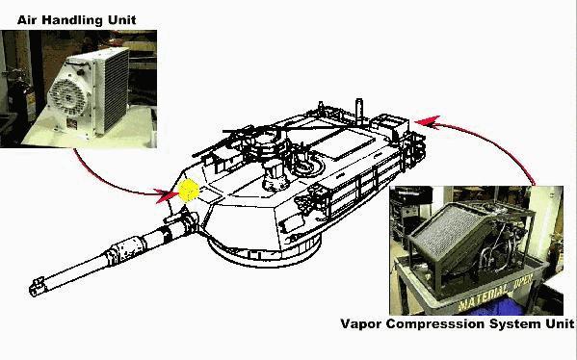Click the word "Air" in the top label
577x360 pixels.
[x=28, y=20]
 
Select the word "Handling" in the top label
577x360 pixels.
[x=72, y=20]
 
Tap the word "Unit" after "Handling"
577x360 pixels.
[x=121, y=20]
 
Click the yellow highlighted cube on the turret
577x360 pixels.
[x=189, y=191]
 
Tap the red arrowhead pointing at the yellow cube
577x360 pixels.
[x=166, y=195]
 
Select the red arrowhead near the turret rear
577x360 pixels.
[x=428, y=122]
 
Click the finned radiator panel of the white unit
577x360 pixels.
[x=115, y=90]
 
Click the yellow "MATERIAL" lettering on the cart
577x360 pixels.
[x=484, y=297]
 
